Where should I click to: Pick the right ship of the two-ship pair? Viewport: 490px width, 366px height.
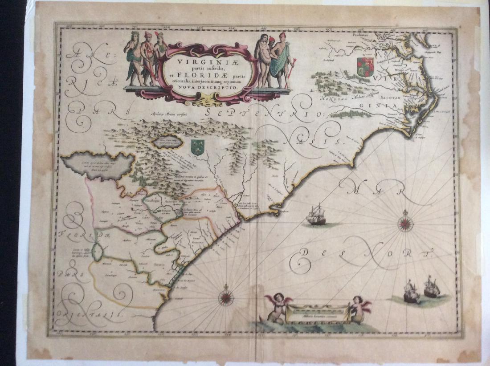(x=431, y=287)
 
